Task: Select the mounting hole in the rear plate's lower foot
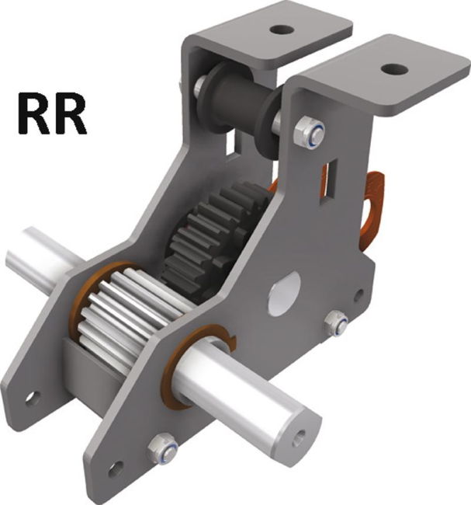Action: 32,398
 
